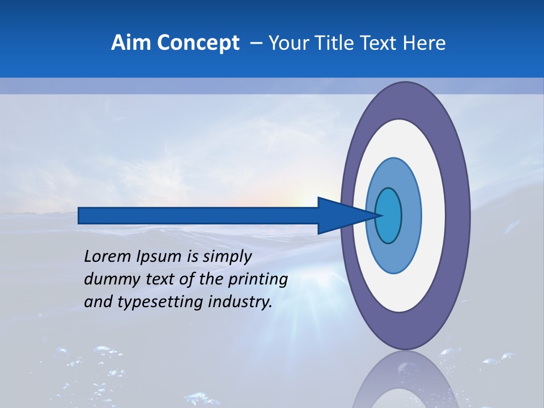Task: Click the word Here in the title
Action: pyautogui.click(x=425, y=43)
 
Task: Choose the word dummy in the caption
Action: pyautogui.click(x=108, y=279)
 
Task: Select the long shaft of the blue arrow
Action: pyautogui.click(x=198, y=215)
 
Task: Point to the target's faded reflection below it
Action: pyautogui.click(x=405, y=382)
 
